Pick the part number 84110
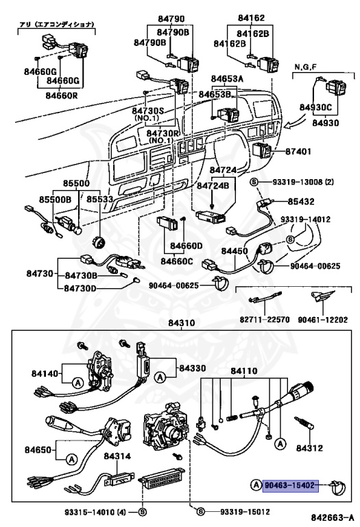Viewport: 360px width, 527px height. click(x=243, y=371)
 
